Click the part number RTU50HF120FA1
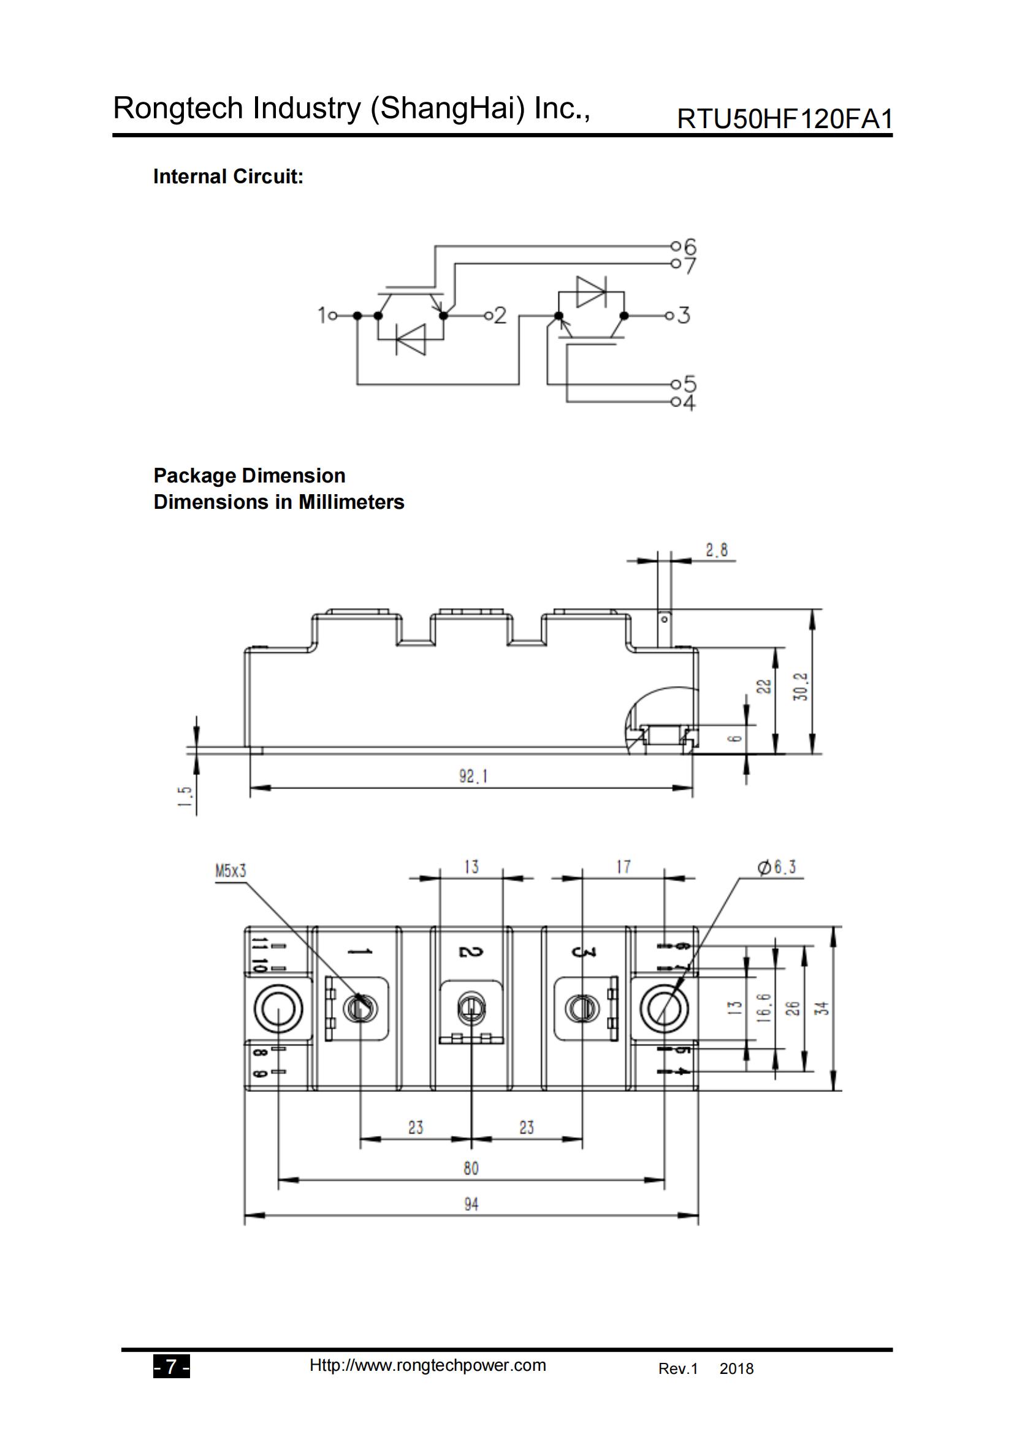(784, 120)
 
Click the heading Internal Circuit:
(228, 177)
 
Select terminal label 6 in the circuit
(690, 246)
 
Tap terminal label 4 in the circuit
(688, 403)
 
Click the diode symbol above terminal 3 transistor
(590, 292)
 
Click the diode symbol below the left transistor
(410, 339)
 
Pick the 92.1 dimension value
(473, 776)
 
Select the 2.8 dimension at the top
(717, 550)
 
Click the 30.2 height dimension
(801, 687)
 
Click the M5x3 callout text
(231, 871)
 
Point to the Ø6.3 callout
(777, 868)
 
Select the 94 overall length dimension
(471, 1204)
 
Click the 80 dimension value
(471, 1169)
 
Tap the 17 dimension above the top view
(623, 867)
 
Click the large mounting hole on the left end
(278, 1009)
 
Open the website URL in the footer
(428, 1365)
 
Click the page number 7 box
(171, 1367)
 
